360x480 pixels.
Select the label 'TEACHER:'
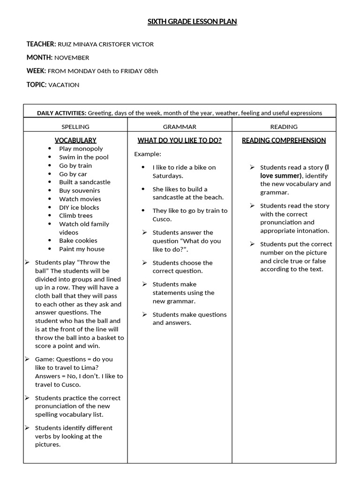click(x=41, y=44)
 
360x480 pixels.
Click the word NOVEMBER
click(x=72, y=58)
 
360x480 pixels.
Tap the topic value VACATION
click(x=64, y=85)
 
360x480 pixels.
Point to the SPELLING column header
click(x=75, y=127)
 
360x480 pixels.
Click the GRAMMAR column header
click(x=180, y=127)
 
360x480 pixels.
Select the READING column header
click(x=284, y=127)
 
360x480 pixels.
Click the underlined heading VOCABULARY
click(x=75, y=140)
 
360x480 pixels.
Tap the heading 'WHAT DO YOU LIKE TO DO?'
click(x=180, y=140)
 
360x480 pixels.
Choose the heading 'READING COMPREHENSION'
click(x=284, y=140)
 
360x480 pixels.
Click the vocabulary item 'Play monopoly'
click(x=81, y=149)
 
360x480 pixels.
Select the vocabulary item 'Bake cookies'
click(x=78, y=240)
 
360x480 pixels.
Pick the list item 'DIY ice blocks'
click(x=79, y=207)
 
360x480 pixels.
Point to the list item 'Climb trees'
click(x=75, y=216)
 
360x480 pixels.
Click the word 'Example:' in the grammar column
click(x=148, y=154)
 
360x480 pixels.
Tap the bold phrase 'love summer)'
click(x=280, y=175)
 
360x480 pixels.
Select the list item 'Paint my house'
click(x=82, y=249)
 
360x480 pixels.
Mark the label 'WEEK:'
click(x=36, y=71)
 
